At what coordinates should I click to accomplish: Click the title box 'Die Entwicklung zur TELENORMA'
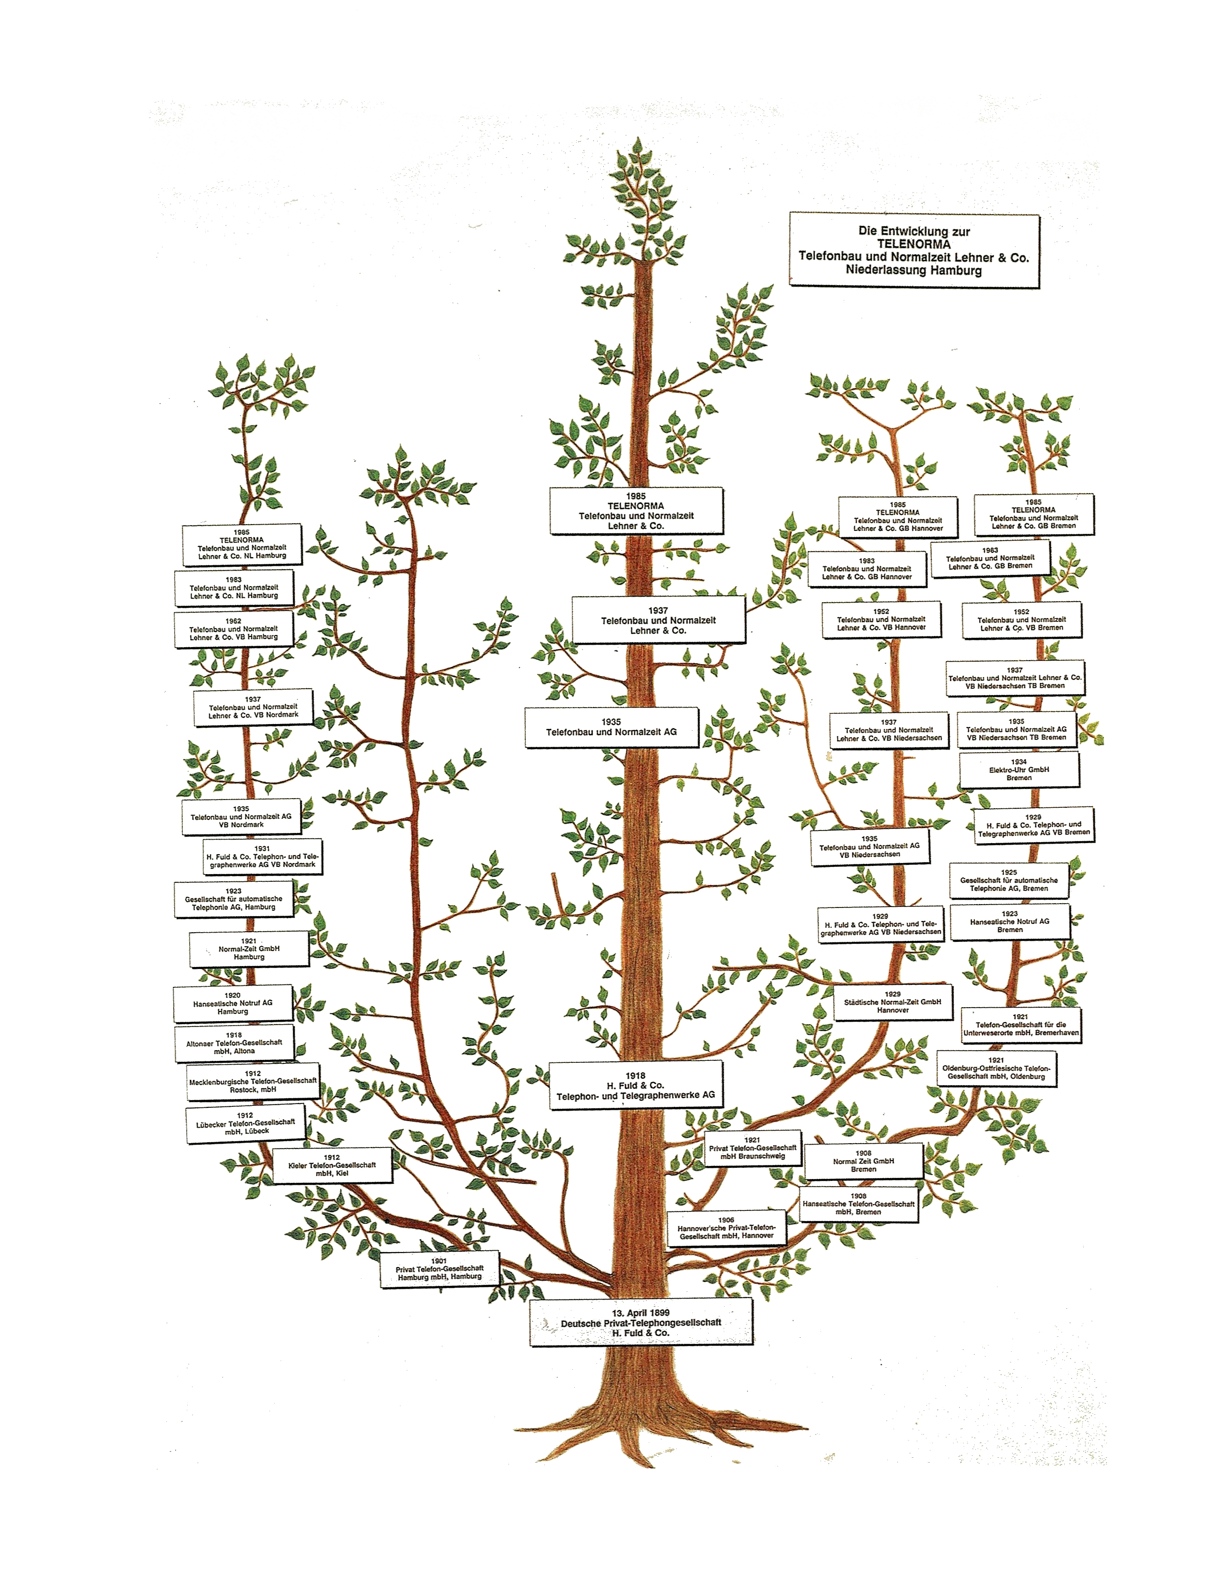[913, 250]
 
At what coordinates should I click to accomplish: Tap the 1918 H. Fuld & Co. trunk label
[636, 1085]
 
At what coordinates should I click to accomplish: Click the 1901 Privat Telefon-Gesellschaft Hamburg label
[440, 1270]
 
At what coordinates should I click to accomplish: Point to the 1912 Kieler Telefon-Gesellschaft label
[332, 1165]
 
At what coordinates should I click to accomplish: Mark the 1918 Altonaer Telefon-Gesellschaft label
[233, 1043]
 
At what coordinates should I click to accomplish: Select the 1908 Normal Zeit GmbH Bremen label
[863, 1161]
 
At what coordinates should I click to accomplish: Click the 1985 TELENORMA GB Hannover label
[897, 516]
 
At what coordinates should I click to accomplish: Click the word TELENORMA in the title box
[913, 244]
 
